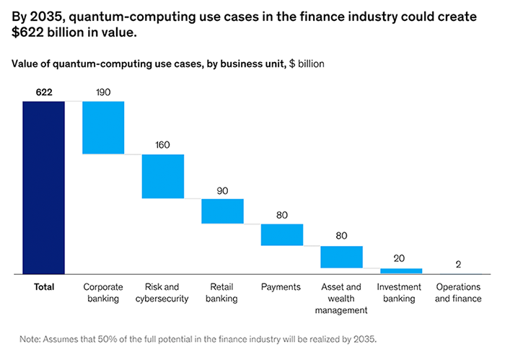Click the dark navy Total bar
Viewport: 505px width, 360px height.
[x=43, y=188]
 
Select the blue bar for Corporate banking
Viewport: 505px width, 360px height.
[x=103, y=128]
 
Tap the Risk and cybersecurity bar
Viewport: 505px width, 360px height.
[x=163, y=176]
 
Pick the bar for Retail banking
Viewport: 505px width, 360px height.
[x=222, y=211]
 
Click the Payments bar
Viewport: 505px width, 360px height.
[x=281, y=234]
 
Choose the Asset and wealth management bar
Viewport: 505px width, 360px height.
[x=341, y=257]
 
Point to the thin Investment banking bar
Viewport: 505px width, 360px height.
[x=401, y=271]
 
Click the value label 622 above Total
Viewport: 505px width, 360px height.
[x=43, y=92]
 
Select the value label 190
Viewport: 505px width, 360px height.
[x=103, y=92]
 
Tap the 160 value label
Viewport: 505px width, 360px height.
[x=163, y=145]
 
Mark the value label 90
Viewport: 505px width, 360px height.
[x=222, y=190]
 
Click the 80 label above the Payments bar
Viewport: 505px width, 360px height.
[x=281, y=215]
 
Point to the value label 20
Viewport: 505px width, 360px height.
[x=401, y=258]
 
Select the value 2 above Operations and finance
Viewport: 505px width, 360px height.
[x=461, y=264]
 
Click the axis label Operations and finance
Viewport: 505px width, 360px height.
[x=461, y=292]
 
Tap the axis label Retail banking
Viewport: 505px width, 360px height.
[x=222, y=292]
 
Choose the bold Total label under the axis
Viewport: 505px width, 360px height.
[x=44, y=287]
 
